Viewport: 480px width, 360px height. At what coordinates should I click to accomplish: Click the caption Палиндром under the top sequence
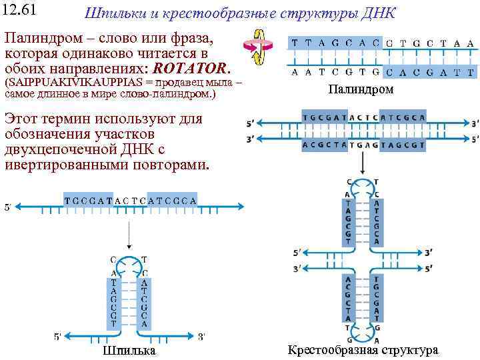(x=361, y=89)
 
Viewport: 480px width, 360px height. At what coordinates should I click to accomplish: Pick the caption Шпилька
(x=129, y=351)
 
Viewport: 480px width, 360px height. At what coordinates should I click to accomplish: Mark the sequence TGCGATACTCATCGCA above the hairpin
(x=131, y=200)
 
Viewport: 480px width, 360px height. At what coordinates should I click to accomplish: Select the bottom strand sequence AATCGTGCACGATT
(x=382, y=72)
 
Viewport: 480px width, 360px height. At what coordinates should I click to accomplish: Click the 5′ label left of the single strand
(x=8, y=207)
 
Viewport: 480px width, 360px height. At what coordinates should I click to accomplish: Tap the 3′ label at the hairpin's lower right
(x=201, y=336)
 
